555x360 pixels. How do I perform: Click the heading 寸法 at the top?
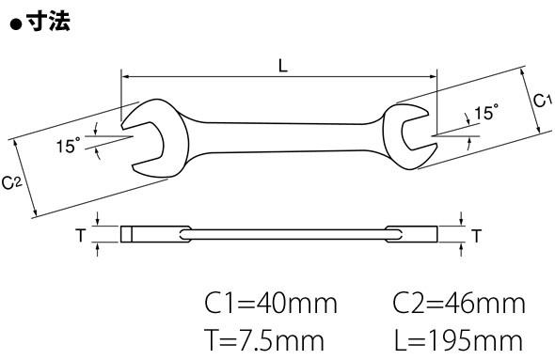point(49,22)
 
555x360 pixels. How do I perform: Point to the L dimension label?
point(283,66)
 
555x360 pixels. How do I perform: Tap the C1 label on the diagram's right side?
point(543,100)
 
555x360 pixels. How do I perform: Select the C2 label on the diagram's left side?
point(11,183)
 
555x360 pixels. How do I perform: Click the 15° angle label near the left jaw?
point(69,146)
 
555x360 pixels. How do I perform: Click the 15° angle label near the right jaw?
point(486,113)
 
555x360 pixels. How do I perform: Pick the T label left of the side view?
point(81,235)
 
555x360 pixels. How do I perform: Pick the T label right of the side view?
point(477,236)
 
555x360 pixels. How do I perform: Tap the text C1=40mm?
point(271,304)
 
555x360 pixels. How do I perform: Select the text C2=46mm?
point(459,304)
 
